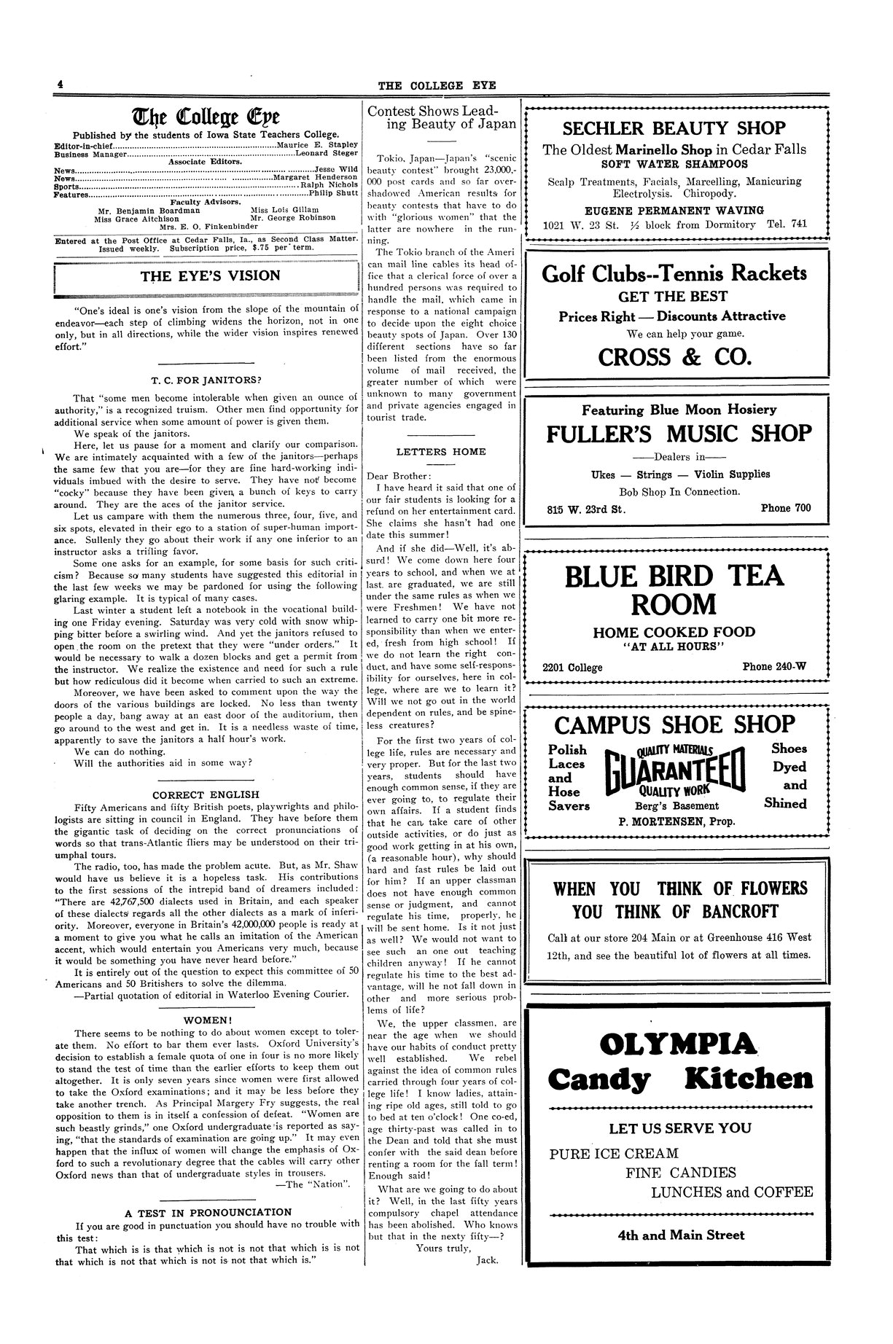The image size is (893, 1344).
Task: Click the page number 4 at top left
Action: pyautogui.click(x=61, y=85)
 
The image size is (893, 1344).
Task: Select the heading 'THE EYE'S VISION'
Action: pyautogui.click(x=210, y=276)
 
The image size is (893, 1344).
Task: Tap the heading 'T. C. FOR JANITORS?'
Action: pyautogui.click(x=206, y=380)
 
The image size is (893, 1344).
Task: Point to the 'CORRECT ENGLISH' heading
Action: pyautogui.click(x=206, y=794)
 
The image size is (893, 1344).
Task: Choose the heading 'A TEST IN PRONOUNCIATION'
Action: pyautogui.click(x=208, y=1213)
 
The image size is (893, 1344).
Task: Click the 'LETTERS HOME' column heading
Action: pyautogui.click(x=441, y=452)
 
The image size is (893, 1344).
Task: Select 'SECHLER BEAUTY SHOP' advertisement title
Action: pyautogui.click(x=674, y=128)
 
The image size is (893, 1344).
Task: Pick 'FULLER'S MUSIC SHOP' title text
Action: pyautogui.click(x=679, y=434)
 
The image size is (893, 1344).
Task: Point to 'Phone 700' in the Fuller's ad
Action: pyautogui.click(x=785, y=508)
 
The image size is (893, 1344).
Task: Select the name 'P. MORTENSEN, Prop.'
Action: pyautogui.click(x=676, y=821)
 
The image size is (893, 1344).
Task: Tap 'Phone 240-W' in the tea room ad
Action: pyautogui.click(x=774, y=666)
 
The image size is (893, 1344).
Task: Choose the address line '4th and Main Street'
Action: pyautogui.click(x=681, y=1235)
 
